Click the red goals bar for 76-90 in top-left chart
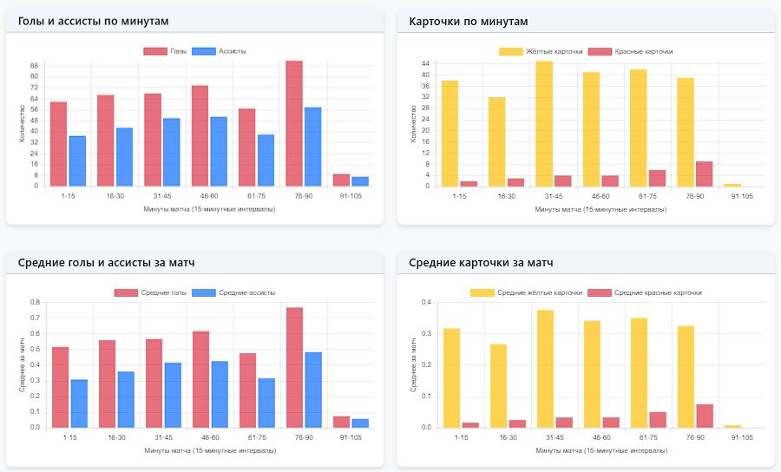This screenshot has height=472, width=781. [294, 123]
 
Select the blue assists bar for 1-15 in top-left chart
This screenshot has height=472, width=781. [77, 161]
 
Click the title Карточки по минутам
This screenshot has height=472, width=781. [468, 21]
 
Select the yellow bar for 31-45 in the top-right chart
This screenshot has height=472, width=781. [544, 123]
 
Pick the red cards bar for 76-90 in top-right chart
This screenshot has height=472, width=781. [704, 174]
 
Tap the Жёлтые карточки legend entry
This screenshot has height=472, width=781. [541, 51]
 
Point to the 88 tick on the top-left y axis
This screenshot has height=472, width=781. [35, 66]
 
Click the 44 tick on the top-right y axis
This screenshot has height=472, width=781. [426, 64]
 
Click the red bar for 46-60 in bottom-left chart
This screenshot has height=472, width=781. [200, 379]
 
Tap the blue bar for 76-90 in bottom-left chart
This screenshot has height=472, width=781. [313, 390]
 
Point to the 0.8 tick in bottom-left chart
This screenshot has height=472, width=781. [35, 302]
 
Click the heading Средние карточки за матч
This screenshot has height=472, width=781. [481, 262]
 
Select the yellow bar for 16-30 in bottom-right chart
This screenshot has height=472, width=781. [497, 385]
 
